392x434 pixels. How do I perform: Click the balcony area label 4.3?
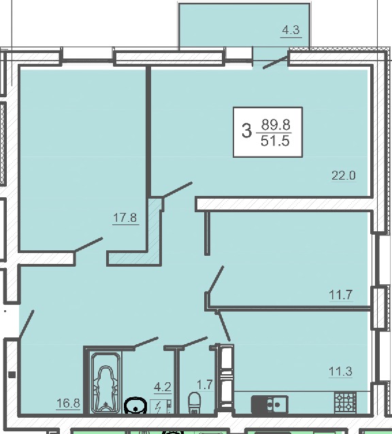tap(291, 30)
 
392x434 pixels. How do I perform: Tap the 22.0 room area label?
tap(344, 176)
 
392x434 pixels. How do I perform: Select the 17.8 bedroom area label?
tap(125, 218)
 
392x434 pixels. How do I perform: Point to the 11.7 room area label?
tap(340, 295)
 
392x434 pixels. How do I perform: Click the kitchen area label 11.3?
tap(340, 371)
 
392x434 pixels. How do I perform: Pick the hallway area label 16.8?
tap(68, 403)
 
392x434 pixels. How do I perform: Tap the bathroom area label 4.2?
tap(163, 386)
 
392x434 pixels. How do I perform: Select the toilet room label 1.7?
tap(205, 385)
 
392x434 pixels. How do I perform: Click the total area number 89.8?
tap(276, 124)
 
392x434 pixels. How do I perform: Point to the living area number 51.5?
tap(275, 141)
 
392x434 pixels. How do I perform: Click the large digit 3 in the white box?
tap(247, 131)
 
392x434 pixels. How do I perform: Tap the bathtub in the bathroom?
tap(105, 383)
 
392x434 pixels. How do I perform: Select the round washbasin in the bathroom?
tap(135, 405)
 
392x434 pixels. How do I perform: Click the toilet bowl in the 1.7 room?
tap(194, 403)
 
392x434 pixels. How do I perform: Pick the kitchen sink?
tap(269, 405)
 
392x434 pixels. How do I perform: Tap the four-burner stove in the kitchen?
tap(345, 403)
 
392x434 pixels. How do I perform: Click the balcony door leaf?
tap(275, 62)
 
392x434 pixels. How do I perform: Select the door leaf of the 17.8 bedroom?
tap(88, 244)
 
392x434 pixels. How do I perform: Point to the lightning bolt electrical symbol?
tap(159, 407)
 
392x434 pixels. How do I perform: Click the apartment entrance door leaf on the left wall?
tap(27, 324)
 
